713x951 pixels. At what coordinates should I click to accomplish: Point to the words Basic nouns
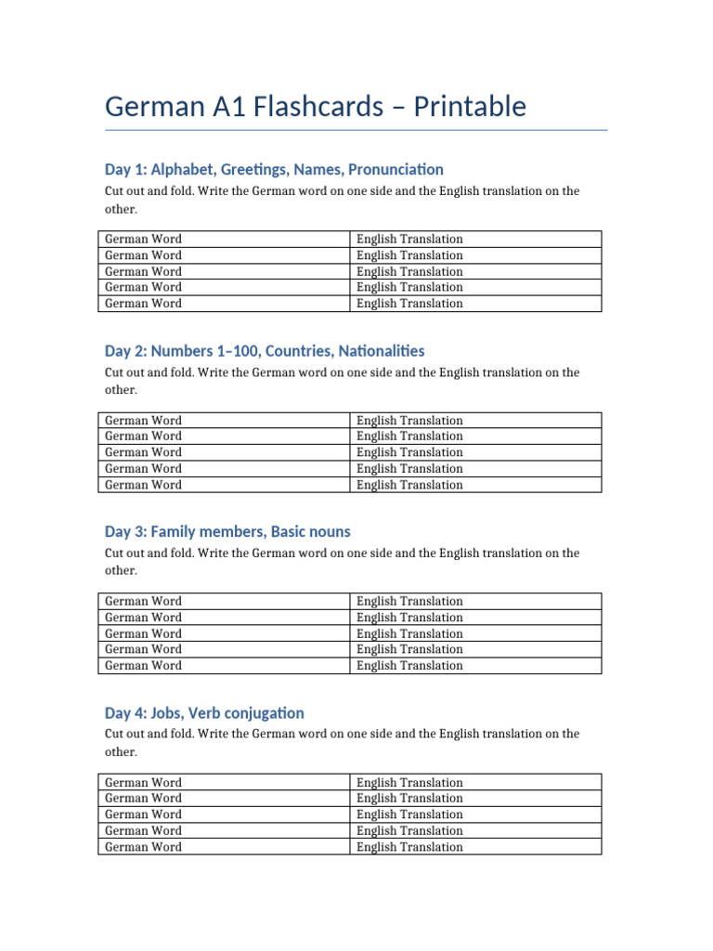(x=310, y=531)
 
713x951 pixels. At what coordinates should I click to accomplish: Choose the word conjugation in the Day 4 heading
(x=265, y=713)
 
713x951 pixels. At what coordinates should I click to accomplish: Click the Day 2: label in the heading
(x=125, y=351)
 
